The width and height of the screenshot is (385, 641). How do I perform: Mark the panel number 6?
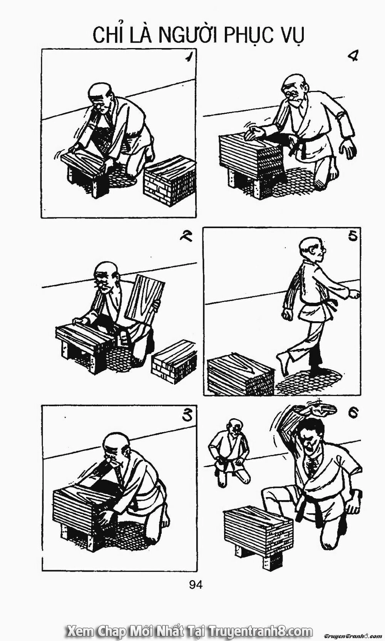pos(353,413)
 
